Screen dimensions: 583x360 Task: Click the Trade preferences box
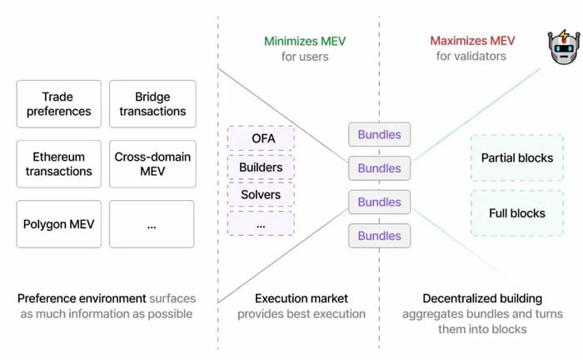(59, 104)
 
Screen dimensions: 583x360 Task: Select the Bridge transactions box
(152, 104)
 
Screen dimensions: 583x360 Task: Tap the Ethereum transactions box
(59, 164)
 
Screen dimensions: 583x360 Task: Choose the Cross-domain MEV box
(152, 164)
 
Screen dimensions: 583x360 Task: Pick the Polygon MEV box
(59, 224)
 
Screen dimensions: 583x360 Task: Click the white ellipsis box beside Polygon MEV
(152, 224)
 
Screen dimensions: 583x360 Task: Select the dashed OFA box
(261, 138)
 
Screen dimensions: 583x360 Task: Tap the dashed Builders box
(261, 167)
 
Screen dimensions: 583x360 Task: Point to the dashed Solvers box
(261, 194)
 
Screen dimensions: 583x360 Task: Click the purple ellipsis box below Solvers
(261, 223)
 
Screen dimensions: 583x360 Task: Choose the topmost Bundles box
(379, 134)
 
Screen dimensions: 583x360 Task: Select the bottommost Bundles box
(379, 236)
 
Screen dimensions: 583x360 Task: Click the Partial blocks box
(517, 158)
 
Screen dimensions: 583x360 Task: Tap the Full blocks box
(517, 213)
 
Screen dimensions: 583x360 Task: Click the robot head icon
(564, 47)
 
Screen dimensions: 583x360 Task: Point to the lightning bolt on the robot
(565, 36)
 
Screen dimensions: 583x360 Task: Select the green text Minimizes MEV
(305, 41)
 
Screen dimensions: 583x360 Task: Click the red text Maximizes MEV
(472, 41)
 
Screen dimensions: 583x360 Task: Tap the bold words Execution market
(301, 298)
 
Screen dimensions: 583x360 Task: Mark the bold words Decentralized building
(482, 298)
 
